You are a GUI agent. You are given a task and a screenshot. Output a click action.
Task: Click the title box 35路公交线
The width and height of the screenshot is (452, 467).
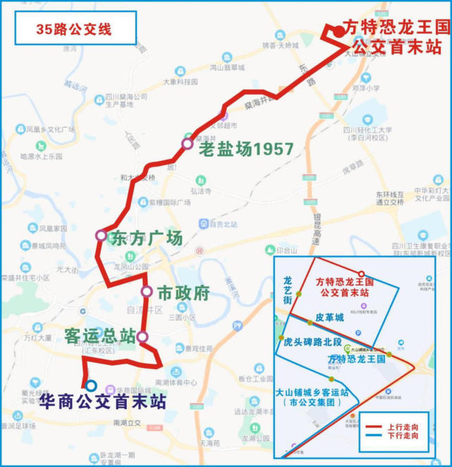pyautogui.click(x=68, y=30)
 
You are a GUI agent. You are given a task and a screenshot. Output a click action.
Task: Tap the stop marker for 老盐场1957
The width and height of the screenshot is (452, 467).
pyautogui.click(x=187, y=144)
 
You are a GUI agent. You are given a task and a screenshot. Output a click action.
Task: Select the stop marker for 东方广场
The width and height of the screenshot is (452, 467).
pyautogui.click(x=102, y=236)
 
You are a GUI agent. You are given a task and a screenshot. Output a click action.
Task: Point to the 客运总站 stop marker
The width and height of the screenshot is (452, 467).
pyautogui.click(x=142, y=336)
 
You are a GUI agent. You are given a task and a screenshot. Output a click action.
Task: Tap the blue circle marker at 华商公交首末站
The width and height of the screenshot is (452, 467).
pyautogui.click(x=90, y=385)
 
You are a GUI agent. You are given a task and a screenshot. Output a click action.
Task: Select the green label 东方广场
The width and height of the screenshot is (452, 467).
pyautogui.click(x=147, y=238)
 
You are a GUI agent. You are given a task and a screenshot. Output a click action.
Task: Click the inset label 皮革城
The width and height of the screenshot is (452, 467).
pyautogui.click(x=329, y=317)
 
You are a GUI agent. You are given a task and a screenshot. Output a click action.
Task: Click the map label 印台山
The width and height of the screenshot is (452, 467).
pyautogui.click(x=285, y=250)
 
